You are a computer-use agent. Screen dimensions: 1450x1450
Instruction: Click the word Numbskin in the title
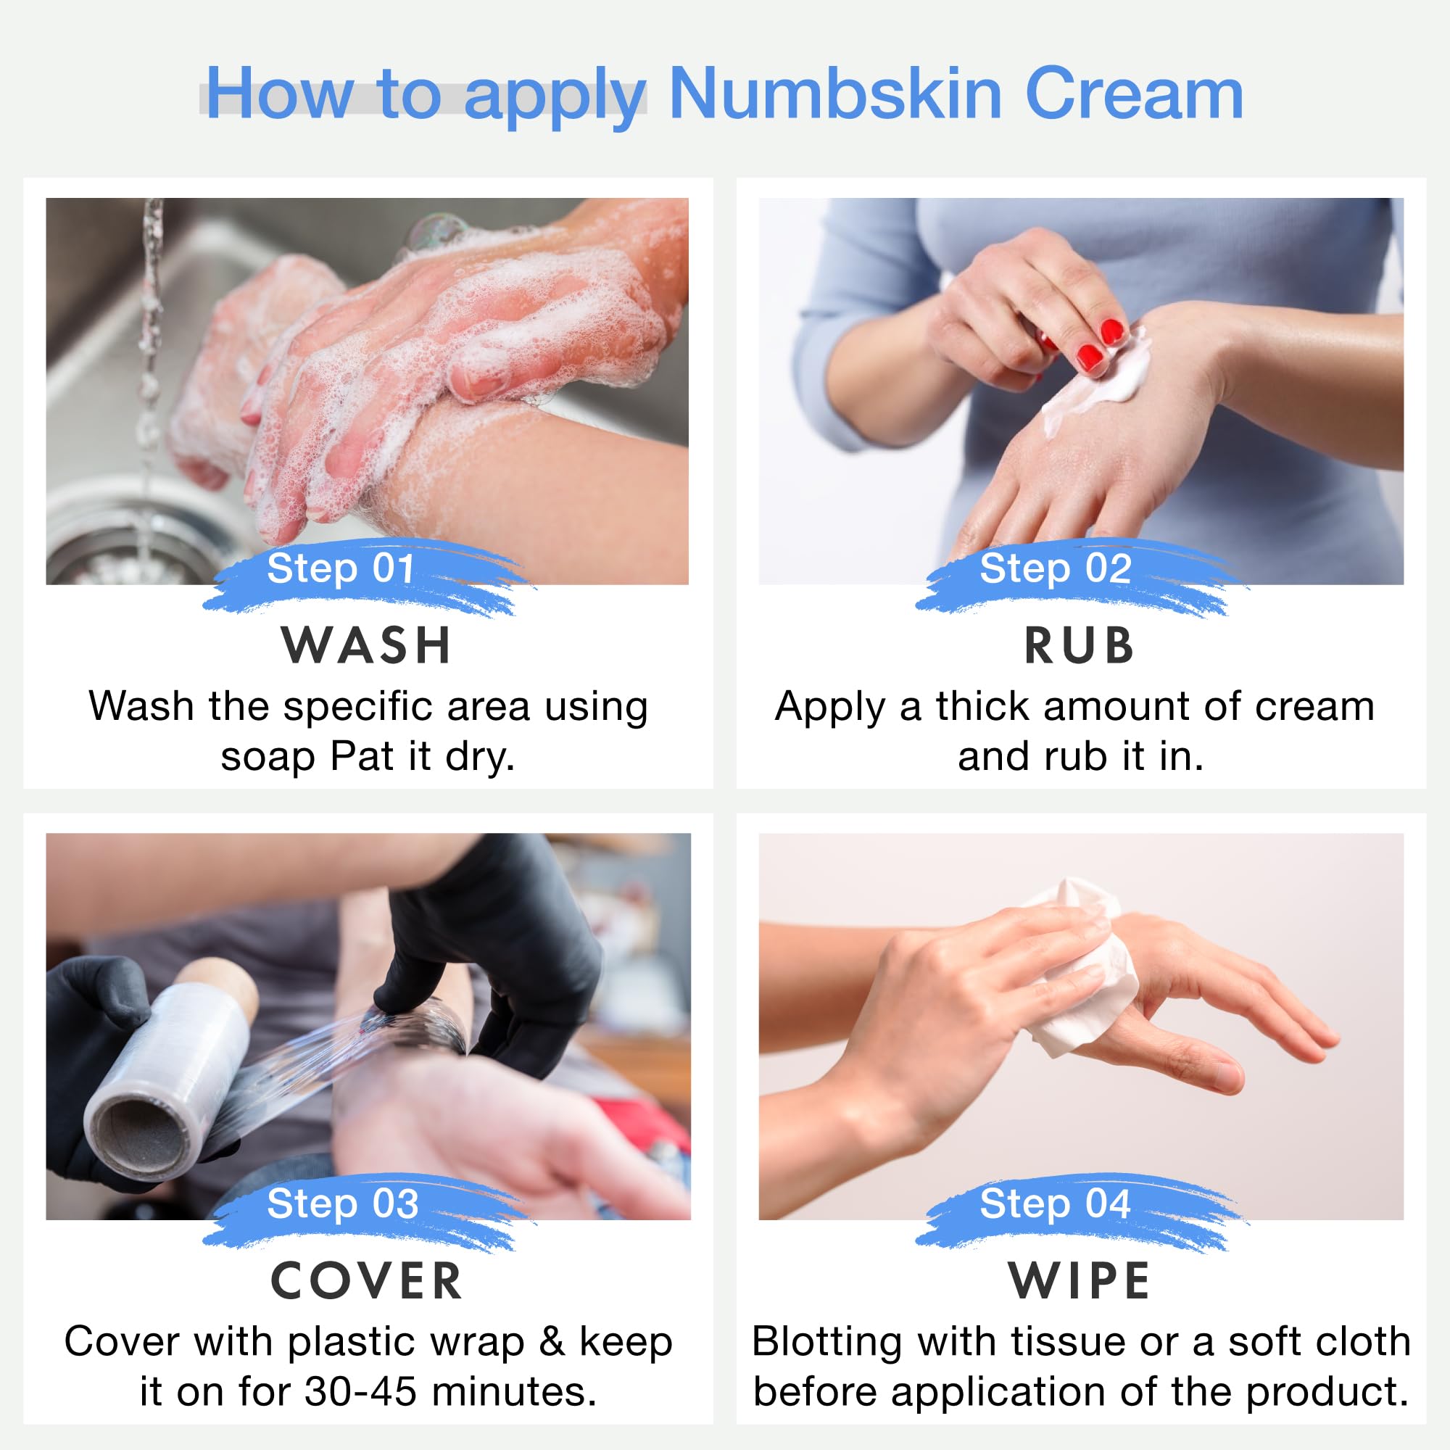point(834,94)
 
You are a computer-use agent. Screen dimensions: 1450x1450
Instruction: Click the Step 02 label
point(1055,568)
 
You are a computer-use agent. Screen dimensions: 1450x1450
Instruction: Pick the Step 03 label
point(342,1203)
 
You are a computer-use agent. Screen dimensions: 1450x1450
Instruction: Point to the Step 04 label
point(1054,1203)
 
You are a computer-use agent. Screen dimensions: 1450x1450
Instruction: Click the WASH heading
point(366,645)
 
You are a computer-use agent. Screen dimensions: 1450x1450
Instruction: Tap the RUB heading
point(1080,645)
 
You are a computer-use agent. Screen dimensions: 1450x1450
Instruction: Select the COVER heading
point(366,1281)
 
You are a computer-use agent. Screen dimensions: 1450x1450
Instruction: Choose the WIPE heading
point(1080,1281)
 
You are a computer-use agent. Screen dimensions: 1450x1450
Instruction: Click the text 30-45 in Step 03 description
point(360,1392)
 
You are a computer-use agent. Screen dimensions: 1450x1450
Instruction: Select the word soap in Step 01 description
point(268,756)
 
